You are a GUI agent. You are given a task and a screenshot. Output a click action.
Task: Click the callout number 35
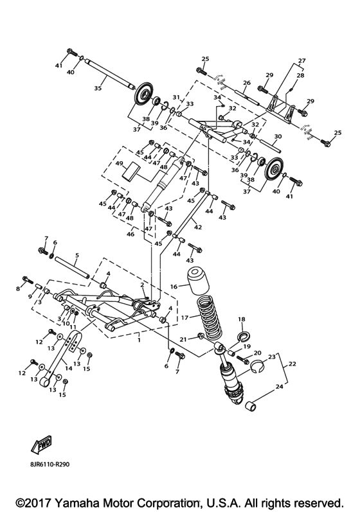click(x=98, y=89)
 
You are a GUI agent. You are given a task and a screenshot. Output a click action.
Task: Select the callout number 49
click(x=120, y=164)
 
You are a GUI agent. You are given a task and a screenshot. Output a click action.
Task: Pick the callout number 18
click(x=242, y=319)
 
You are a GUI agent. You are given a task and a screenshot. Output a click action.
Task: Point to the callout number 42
click(x=197, y=227)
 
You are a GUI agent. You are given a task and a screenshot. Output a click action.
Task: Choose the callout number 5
click(x=76, y=255)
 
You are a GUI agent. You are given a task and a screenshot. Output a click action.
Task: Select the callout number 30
click(x=278, y=137)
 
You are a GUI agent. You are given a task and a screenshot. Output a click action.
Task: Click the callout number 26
click(x=246, y=83)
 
